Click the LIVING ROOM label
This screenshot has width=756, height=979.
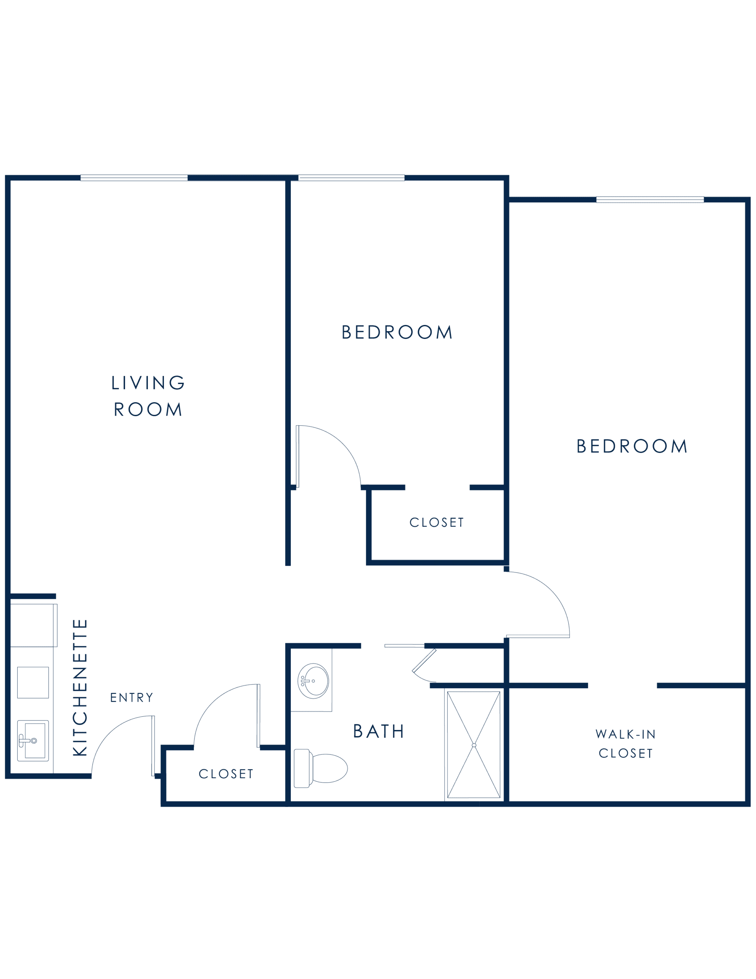148,396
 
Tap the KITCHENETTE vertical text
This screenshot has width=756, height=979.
80,688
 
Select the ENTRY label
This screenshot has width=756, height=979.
132,698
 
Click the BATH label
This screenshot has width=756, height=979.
379,731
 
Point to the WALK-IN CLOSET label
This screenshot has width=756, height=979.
626,744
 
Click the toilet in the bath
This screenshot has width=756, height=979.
320,768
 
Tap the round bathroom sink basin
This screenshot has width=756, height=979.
314,681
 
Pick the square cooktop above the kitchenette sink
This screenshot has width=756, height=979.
33,683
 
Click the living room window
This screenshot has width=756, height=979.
134,178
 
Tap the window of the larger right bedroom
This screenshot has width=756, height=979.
650,200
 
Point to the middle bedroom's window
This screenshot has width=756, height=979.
351,178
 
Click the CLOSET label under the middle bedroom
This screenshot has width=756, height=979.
436,523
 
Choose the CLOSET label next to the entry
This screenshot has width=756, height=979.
226,774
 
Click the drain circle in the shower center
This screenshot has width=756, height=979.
474,745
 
